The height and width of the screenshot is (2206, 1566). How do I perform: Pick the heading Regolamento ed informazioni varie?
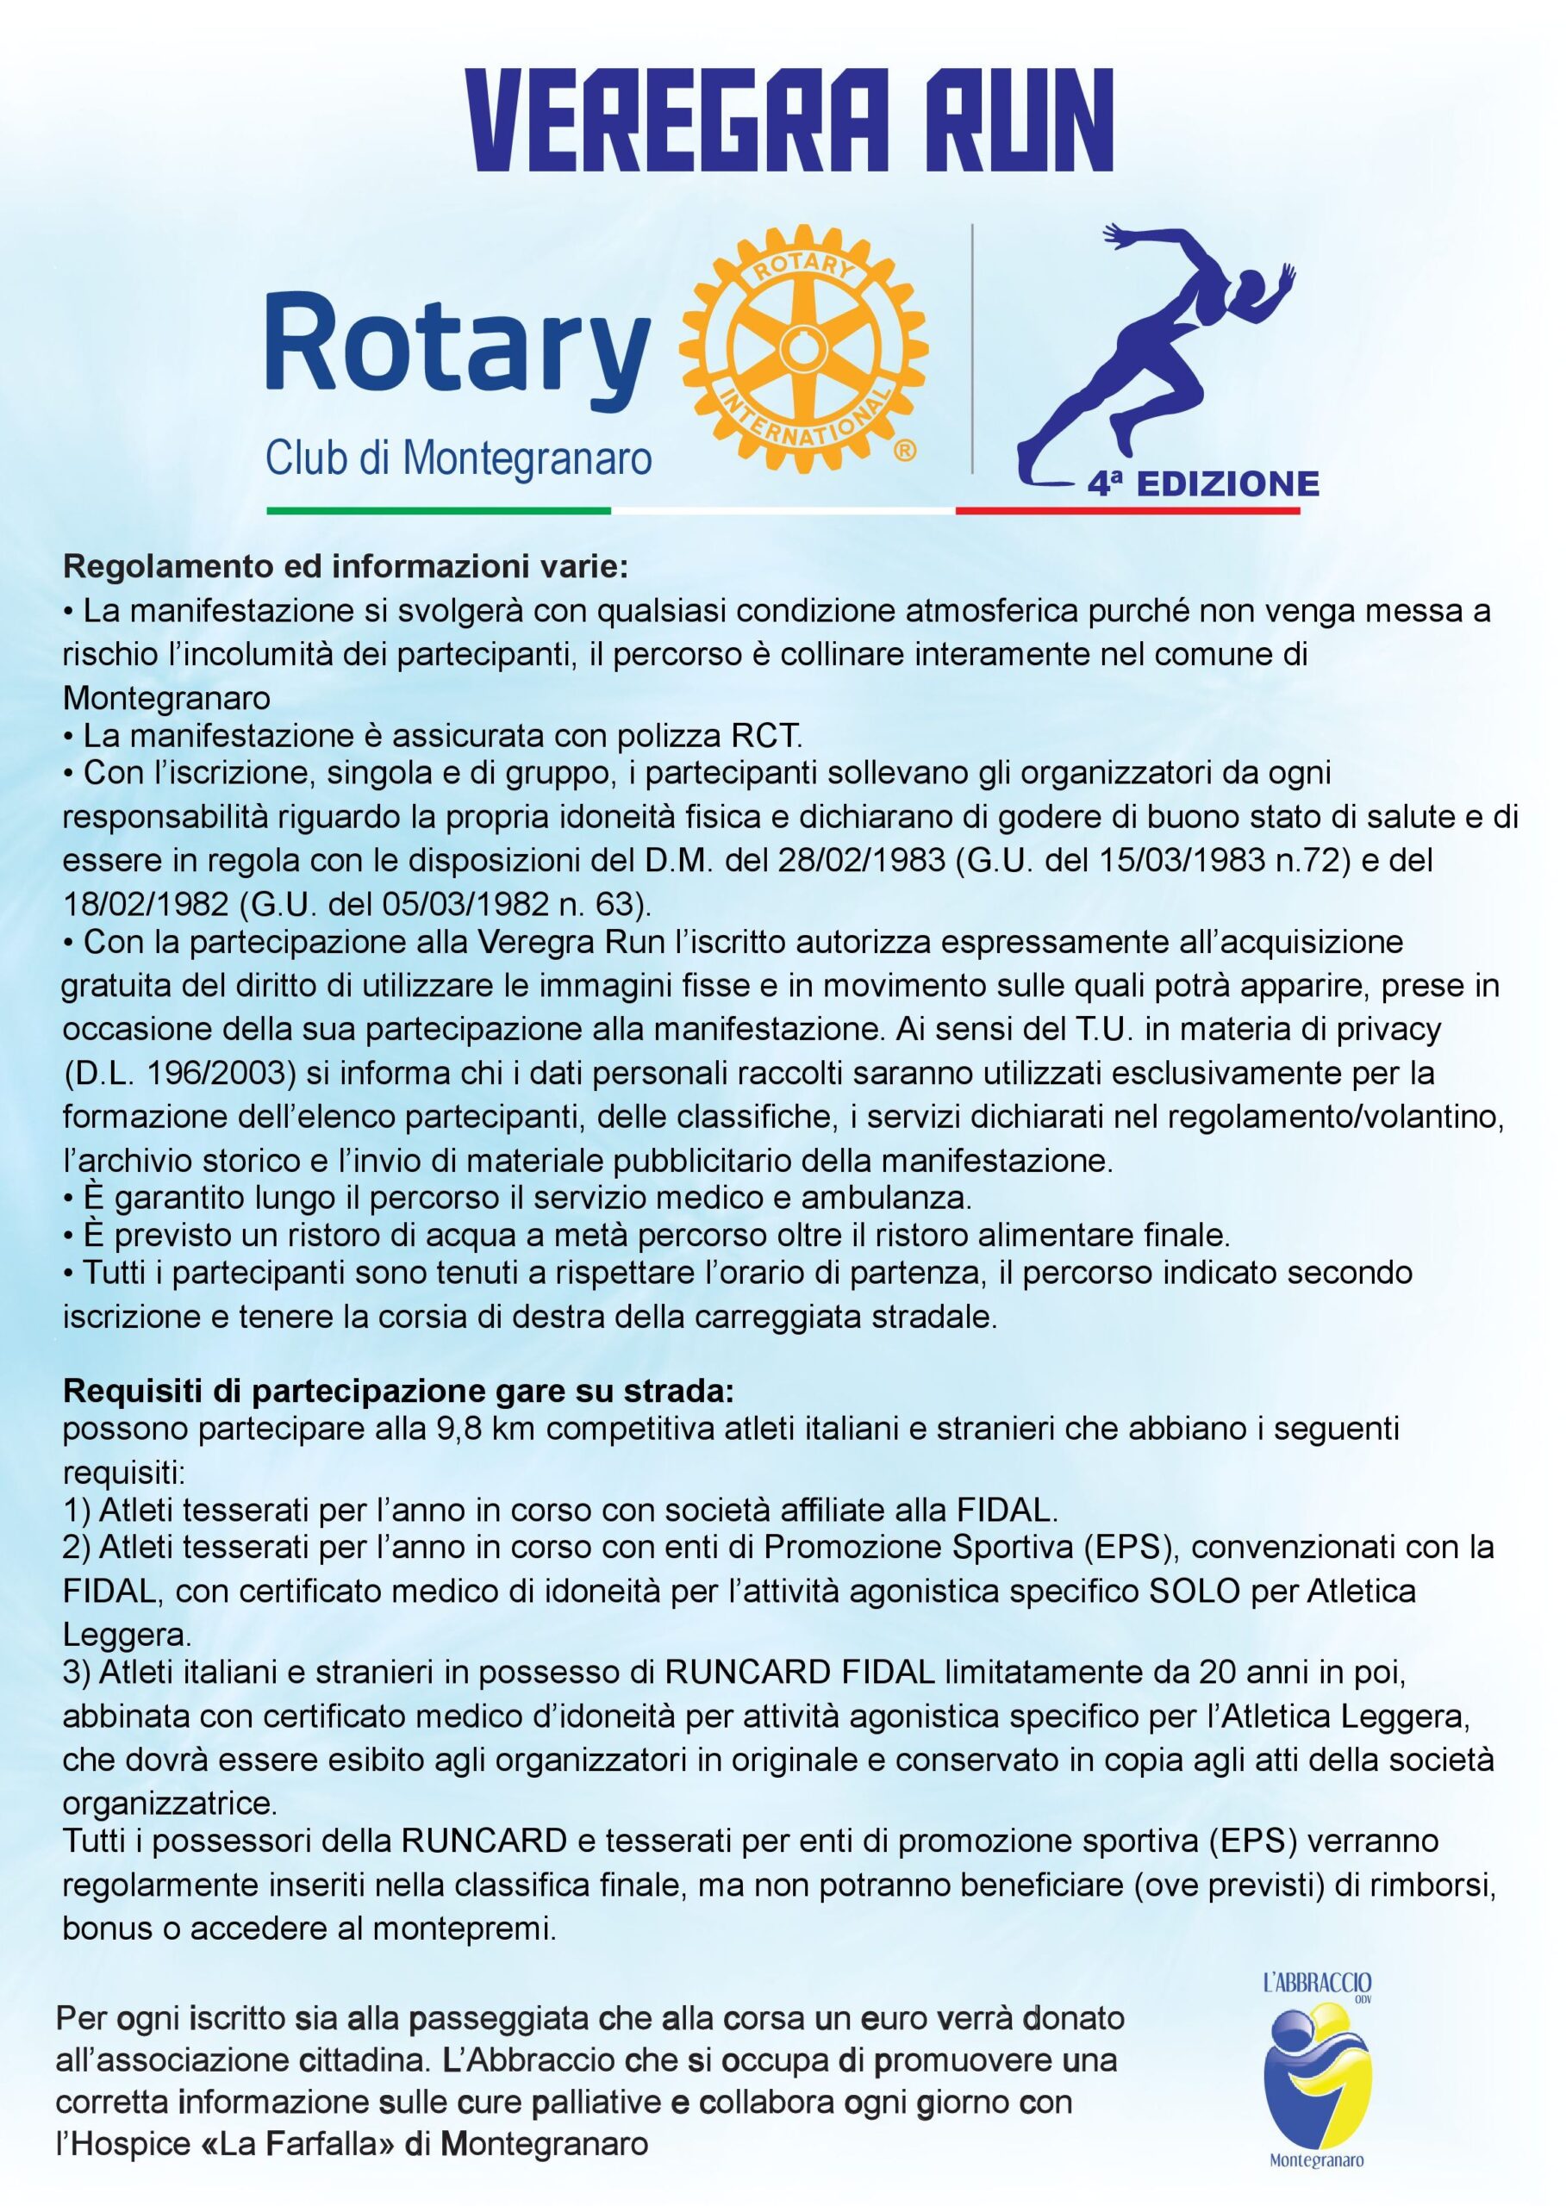tap(346, 566)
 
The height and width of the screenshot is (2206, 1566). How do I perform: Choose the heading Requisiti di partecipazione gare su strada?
tap(398, 1393)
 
